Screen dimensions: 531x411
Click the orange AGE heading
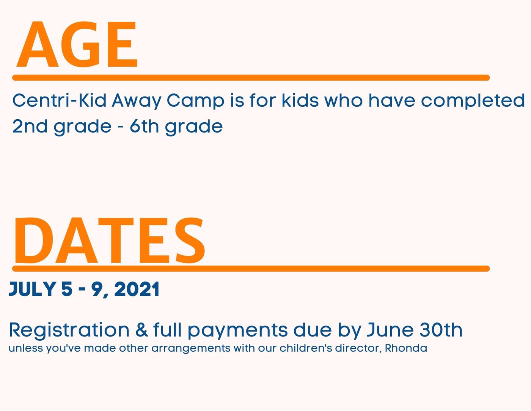coord(77,44)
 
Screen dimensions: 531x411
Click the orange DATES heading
coord(110,240)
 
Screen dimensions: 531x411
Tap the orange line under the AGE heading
coord(251,77)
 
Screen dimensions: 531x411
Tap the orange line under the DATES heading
coord(251,269)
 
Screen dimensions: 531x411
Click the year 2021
coord(137,289)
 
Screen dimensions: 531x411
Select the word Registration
coord(69,330)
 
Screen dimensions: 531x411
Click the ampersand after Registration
coord(141,330)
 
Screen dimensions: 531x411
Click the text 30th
coord(441,330)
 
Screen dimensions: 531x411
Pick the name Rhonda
coord(406,348)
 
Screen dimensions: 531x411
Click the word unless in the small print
coord(26,348)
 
